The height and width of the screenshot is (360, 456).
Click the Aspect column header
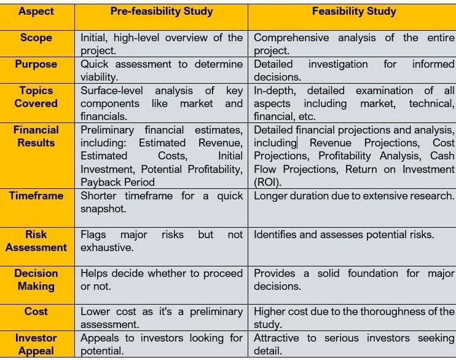(x=36, y=11)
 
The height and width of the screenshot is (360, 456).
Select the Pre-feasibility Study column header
(x=161, y=11)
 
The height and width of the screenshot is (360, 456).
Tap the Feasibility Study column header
(x=354, y=11)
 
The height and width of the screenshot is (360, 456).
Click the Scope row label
(x=36, y=38)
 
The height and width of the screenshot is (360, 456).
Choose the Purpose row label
(x=36, y=64)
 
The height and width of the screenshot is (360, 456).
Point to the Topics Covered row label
(x=36, y=97)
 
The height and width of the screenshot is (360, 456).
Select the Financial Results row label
(x=36, y=136)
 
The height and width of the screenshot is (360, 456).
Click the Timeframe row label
(x=36, y=196)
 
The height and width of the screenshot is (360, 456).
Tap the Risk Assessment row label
(x=36, y=241)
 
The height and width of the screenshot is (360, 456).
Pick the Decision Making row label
(x=36, y=279)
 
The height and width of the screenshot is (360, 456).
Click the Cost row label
(x=36, y=311)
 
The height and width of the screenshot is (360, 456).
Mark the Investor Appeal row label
(x=36, y=344)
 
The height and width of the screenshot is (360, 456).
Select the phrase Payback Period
(x=117, y=182)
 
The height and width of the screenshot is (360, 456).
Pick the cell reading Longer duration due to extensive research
(x=353, y=196)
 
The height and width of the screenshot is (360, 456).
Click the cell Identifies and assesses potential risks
(x=344, y=234)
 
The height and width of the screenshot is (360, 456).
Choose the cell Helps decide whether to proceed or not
(x=161, y=279)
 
